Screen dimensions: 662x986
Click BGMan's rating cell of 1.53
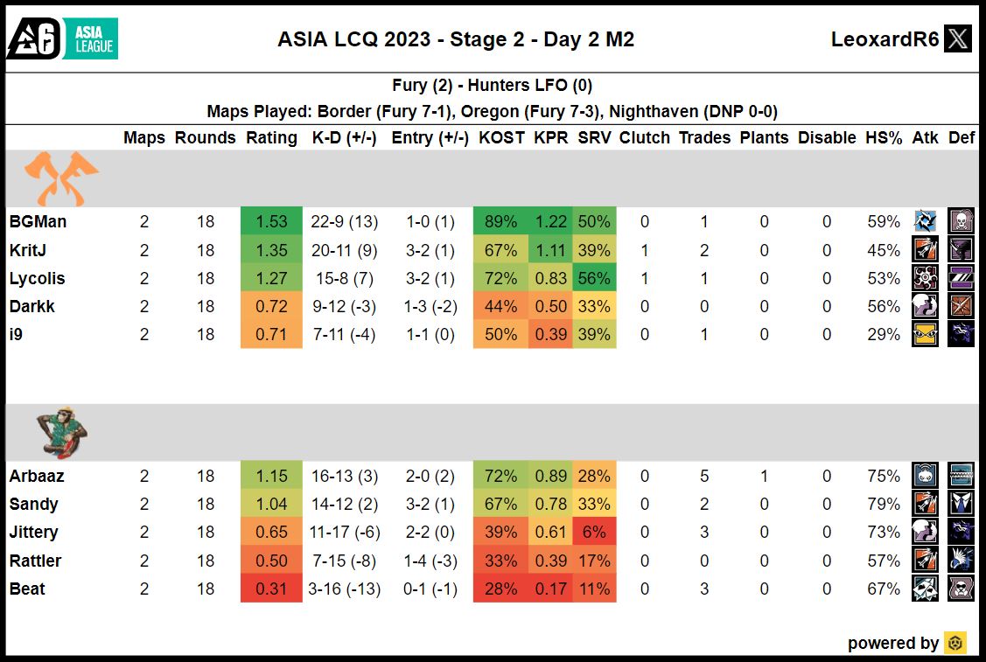271,222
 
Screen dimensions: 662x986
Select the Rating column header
271,138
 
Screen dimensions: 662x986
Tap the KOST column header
501,138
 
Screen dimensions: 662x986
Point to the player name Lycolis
38,279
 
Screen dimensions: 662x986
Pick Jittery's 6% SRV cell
594,533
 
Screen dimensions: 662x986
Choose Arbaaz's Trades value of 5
704,477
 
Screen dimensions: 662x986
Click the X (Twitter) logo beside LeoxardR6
958,39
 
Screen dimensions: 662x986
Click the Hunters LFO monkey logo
62,432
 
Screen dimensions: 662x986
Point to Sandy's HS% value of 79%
883,505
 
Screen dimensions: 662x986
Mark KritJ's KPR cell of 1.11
550,251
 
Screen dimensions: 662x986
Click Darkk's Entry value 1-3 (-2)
430,307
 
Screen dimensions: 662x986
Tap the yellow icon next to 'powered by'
955,643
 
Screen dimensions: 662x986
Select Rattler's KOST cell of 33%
501,561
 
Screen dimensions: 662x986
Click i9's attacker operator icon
925,335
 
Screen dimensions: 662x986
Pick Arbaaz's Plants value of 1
764,477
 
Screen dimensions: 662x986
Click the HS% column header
884,138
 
